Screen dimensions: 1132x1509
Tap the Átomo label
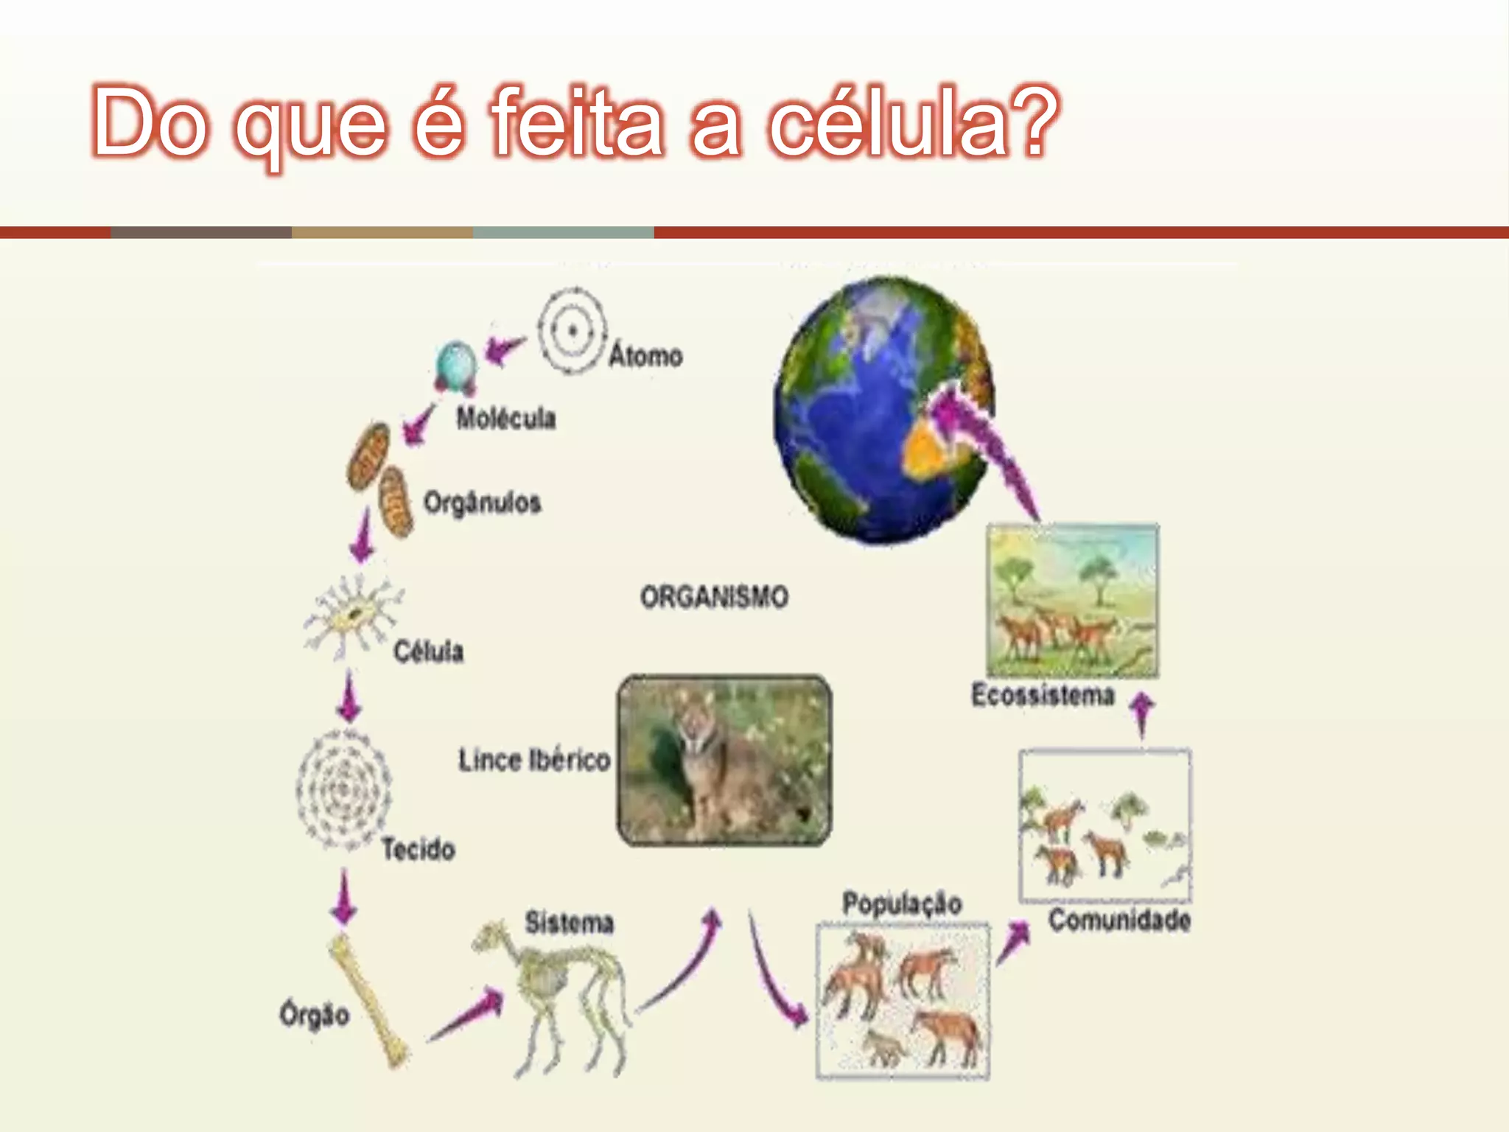click(645, 356)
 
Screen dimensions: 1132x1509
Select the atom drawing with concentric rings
click(572, 331)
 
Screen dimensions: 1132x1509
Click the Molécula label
click(505, 418)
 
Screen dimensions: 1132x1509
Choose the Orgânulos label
click(482, 503)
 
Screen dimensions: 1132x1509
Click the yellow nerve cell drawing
click(353, 615)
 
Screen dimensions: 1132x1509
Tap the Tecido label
click(418, 849)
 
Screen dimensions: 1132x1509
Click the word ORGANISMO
click(714, 596)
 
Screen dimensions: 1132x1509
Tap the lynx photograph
click(724, 760)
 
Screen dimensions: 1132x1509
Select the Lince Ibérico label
click(534, 760)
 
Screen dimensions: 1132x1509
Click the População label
click(902, 903)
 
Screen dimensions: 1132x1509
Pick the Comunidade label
click(1119, 920)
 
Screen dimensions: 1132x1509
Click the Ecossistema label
click(1043, 695)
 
